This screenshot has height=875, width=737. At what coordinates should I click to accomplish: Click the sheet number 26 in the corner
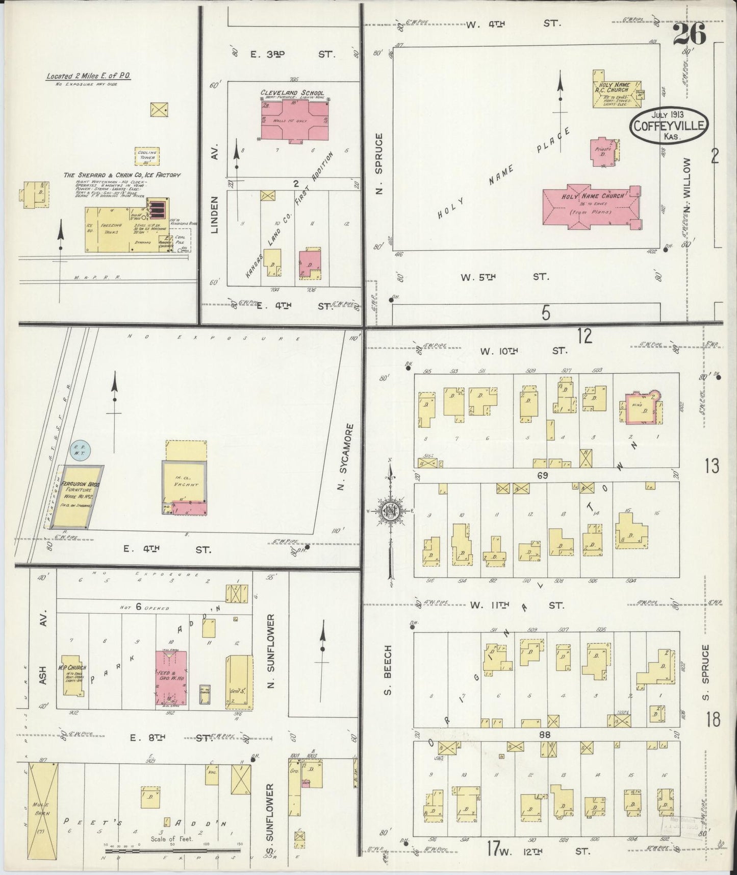[x=689, y=35]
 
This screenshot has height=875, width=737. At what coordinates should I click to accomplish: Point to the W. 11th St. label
[x=517, y=605]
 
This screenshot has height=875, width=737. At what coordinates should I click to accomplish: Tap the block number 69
[x=546, y=476]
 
